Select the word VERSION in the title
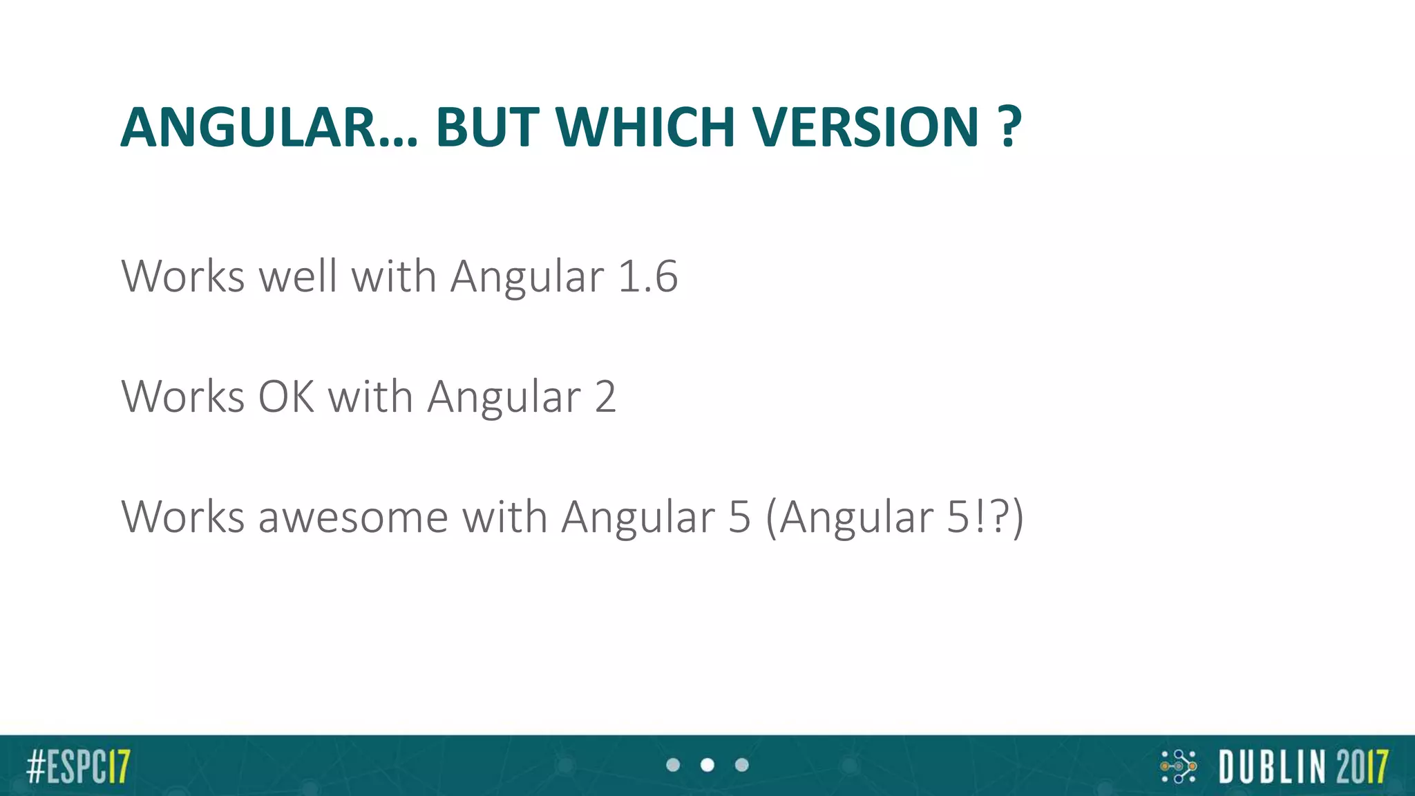click(x=866, y=129)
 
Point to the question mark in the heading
click(x=1009, y=129)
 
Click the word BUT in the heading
click(x=487, y=129)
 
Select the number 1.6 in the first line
click(x=647, y=276)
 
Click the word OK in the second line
click(x=286, y=397)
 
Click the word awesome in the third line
click(x=353, y=517)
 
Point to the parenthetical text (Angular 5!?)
click(x=894, y=517)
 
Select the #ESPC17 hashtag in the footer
click(x=78, y=766)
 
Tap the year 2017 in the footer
click(x=1362, y=766)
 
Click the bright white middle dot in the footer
click(x=707, y=765)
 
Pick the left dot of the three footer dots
click(x=673, y=765)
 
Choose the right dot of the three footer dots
click(x=742, y=765)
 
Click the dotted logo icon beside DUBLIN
click(x=1178, y=766)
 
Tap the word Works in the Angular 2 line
click(x=183, y=397)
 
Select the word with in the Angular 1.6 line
click(x=394, y=276)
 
